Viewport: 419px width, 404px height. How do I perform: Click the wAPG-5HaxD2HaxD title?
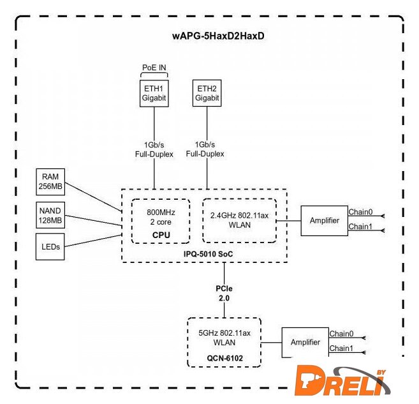[x=217, y=36]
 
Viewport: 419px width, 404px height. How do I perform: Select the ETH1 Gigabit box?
[x=153, y=93]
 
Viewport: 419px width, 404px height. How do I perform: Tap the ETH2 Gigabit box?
[x=207, y=93]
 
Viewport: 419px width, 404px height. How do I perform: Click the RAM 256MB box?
[x=50, y=181]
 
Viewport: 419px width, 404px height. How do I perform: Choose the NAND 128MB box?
[x=50, y=215]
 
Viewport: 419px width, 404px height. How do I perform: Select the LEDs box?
[x=50, y=247]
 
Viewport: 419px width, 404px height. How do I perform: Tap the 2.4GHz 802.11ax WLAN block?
[x=239, y=220]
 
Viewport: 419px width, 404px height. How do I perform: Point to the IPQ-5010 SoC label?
[x=204, y=253]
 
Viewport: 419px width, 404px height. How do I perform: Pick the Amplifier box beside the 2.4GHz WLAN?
[x=324, y=221]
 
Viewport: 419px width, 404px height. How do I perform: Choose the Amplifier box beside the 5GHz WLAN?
[x=305, y=342]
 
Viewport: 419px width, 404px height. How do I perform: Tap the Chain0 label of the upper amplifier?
[x=360, y=213]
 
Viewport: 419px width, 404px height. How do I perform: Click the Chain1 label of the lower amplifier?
[x=341, y=348]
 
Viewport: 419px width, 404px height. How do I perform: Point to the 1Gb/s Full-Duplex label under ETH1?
[x=153, y=150]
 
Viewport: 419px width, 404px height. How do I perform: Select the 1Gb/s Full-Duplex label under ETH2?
[x=205, y=150]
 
